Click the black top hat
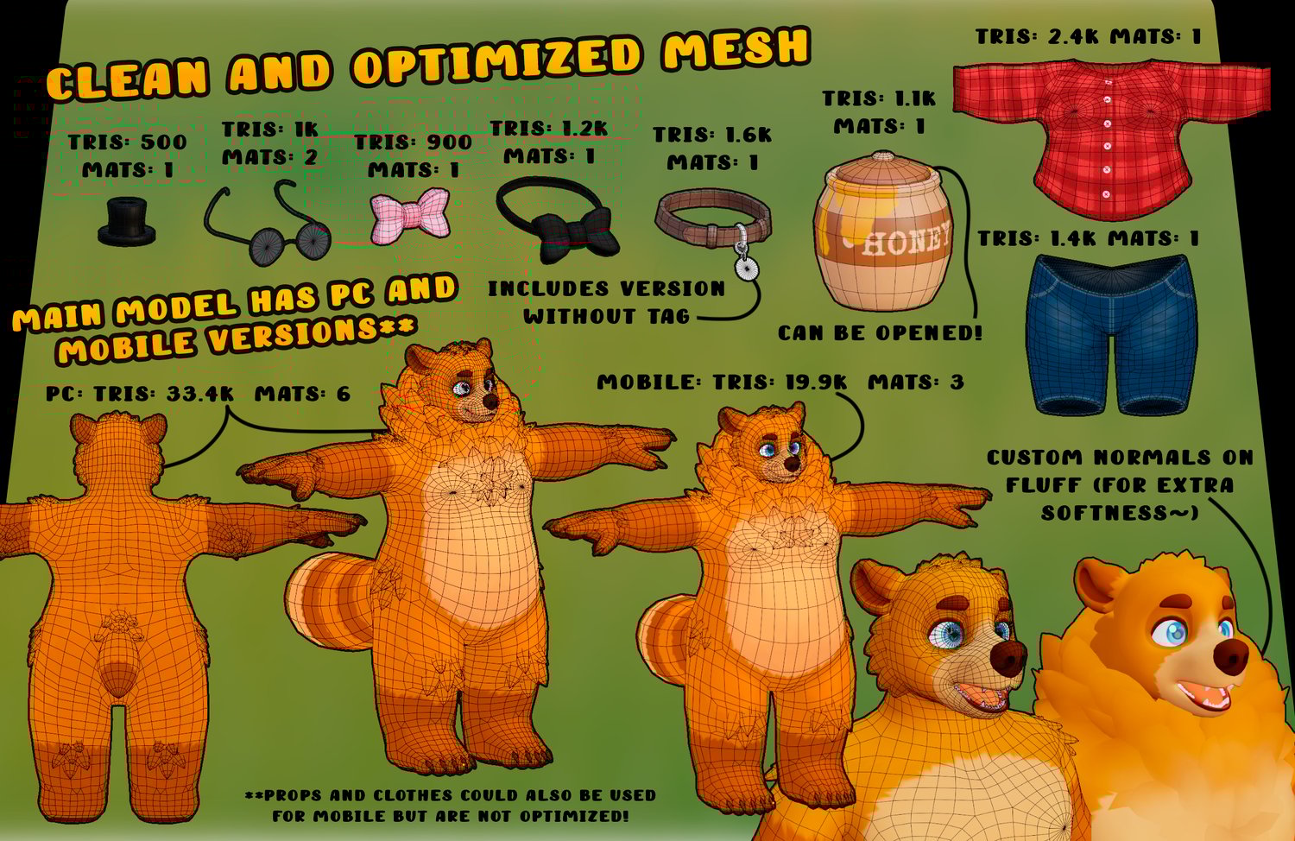coord(127,222)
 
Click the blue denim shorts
coord(1111,335)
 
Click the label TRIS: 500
coord(128,142)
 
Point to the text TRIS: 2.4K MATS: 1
coord(1089,36)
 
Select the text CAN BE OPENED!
coord(880,332)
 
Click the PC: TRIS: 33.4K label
coord(139,394)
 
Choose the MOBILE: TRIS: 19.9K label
coord(722,382)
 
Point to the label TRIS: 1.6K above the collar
coord(712,135)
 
